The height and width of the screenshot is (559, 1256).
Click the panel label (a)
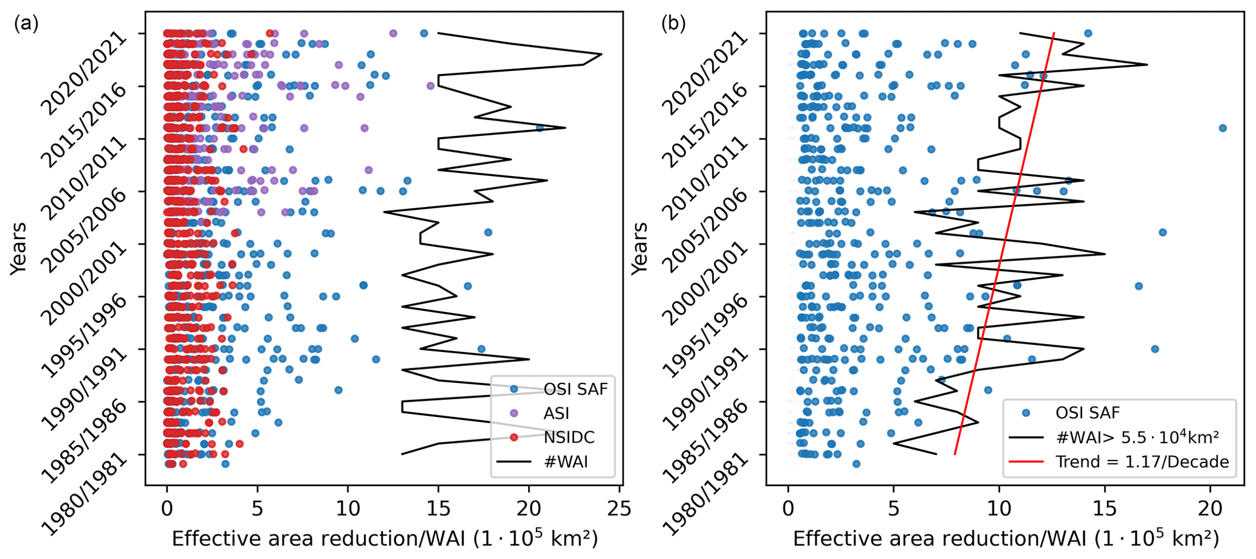click(26, 24)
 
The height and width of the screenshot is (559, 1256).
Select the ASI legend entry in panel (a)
click(556, 413)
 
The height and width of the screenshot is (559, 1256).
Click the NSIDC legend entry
click(569, 437)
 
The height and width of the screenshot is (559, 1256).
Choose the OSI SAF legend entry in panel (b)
click(1088, 413)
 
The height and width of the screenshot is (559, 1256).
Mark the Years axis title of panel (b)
click(639, 248)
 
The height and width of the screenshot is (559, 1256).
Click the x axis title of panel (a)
click(385, 539)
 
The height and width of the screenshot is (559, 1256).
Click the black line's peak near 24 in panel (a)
click(601, 55)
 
